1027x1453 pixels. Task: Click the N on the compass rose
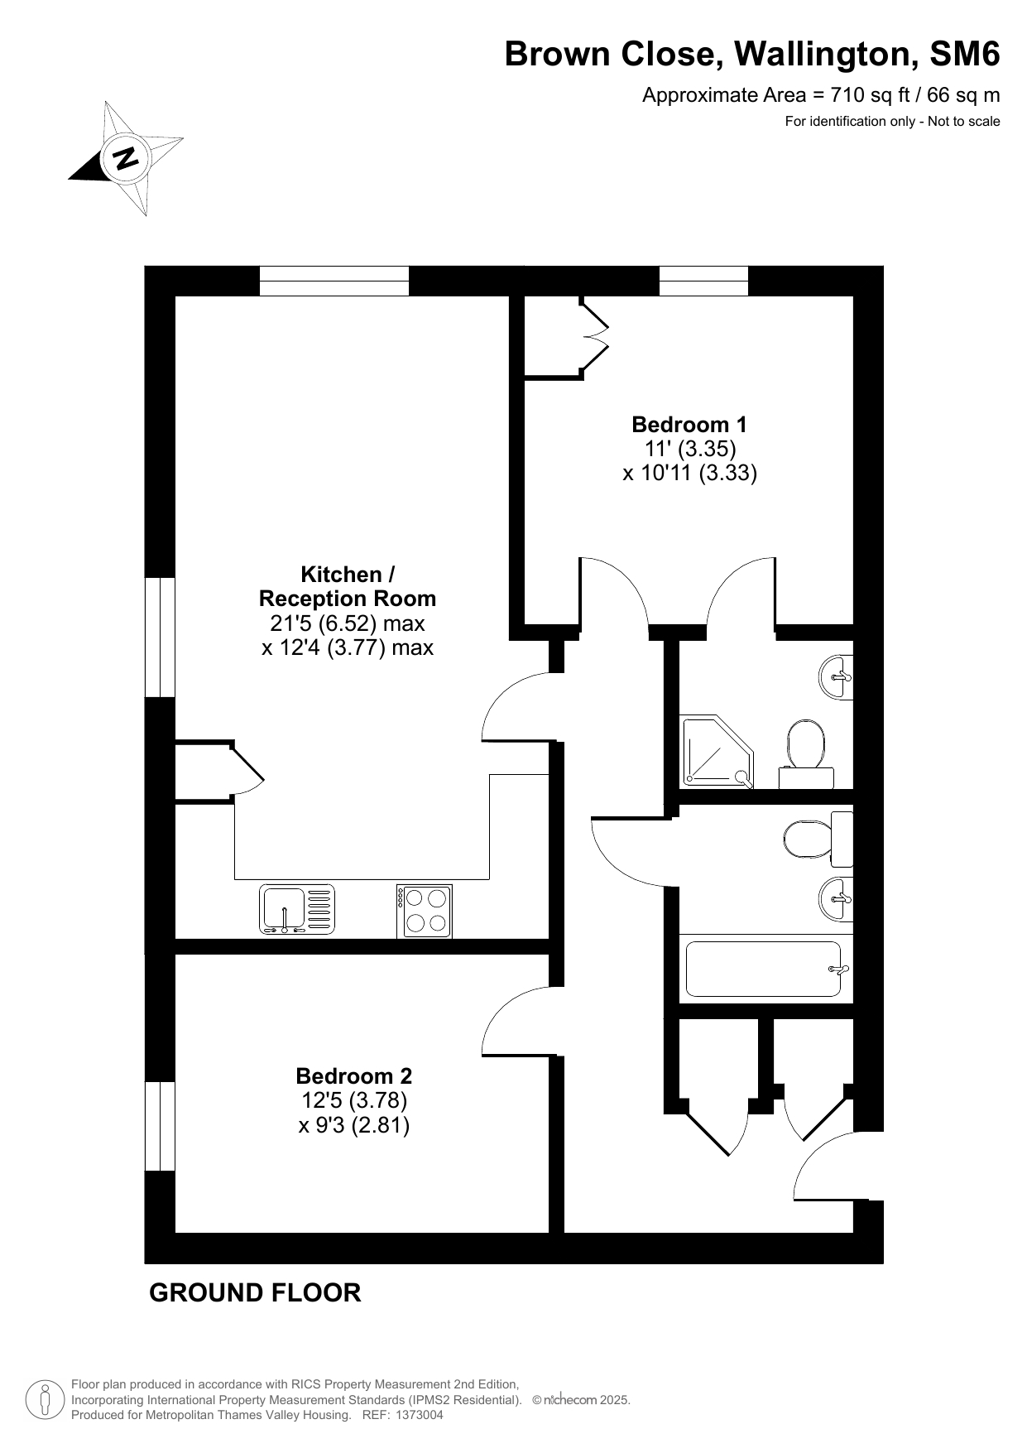126,157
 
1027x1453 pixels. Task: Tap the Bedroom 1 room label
689,425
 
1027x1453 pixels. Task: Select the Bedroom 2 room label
353,1076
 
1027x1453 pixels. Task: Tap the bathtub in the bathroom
765,969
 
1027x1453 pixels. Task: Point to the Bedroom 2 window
160,1126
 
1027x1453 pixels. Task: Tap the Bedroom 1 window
703,281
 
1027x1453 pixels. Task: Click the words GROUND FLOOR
255,1292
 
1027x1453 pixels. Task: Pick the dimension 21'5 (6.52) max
348,623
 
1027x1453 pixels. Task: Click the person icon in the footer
45,1400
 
